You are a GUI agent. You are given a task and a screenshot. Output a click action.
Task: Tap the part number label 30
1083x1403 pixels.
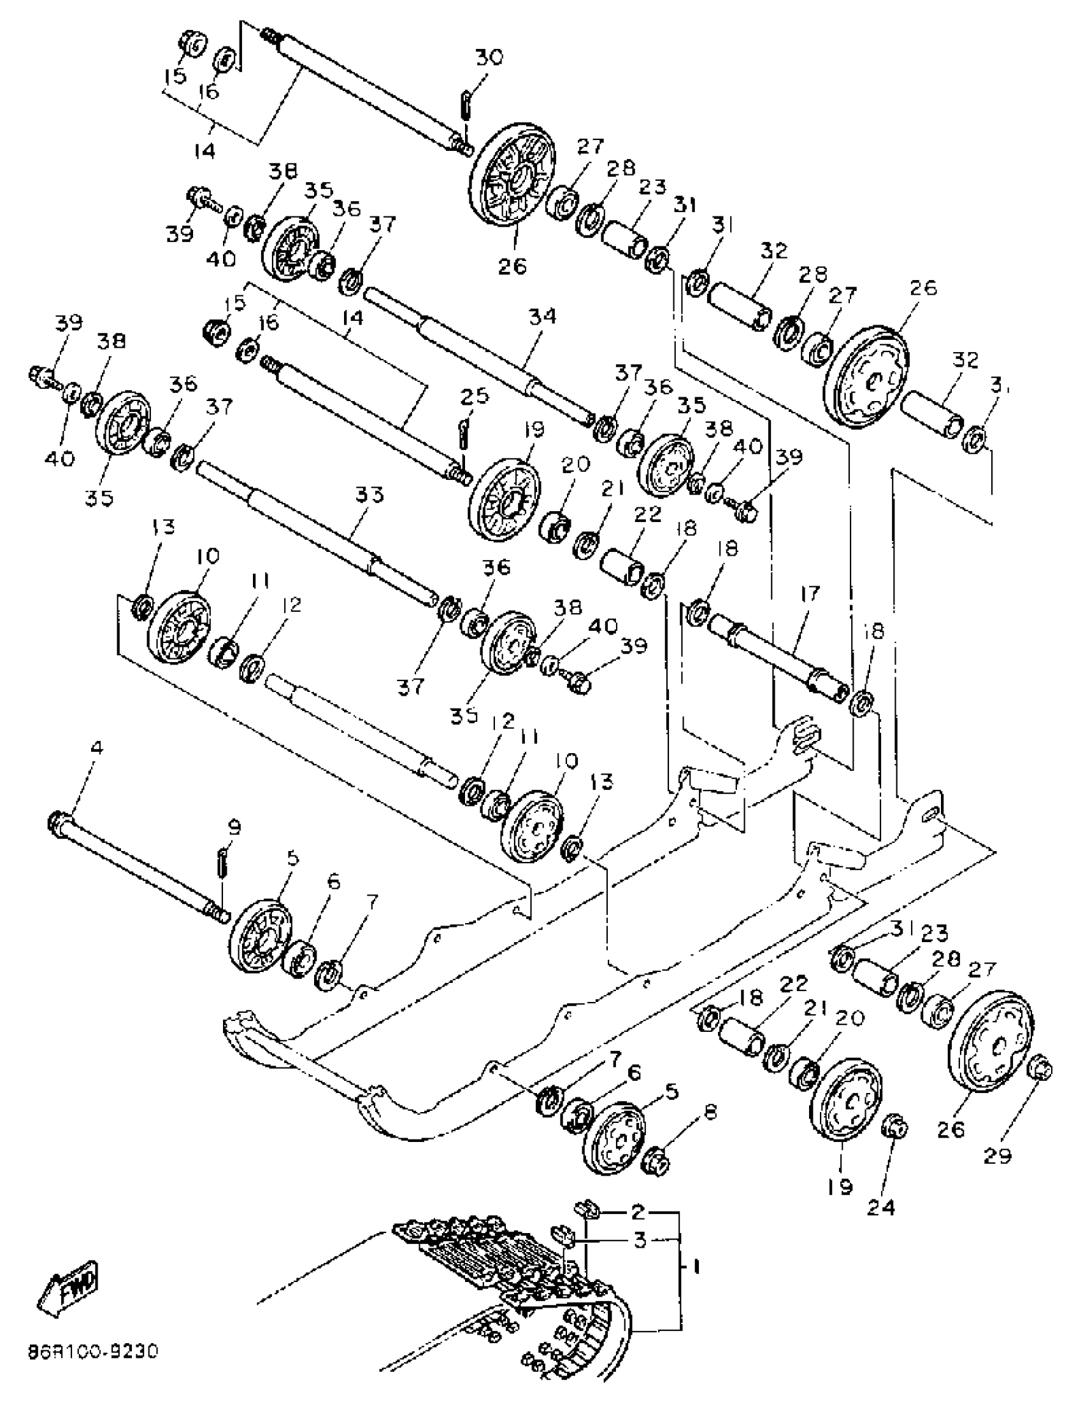490,57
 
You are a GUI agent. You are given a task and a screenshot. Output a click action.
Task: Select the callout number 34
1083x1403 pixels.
542,317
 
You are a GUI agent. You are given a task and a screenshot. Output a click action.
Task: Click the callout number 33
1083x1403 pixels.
369,495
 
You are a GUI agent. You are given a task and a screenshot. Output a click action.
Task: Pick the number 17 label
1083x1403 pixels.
810,593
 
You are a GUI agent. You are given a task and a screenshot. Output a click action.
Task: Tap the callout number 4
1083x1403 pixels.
96,749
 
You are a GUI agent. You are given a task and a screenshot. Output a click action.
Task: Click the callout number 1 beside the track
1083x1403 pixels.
696,1267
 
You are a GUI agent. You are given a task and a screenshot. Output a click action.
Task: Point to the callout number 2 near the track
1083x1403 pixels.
637,1211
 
